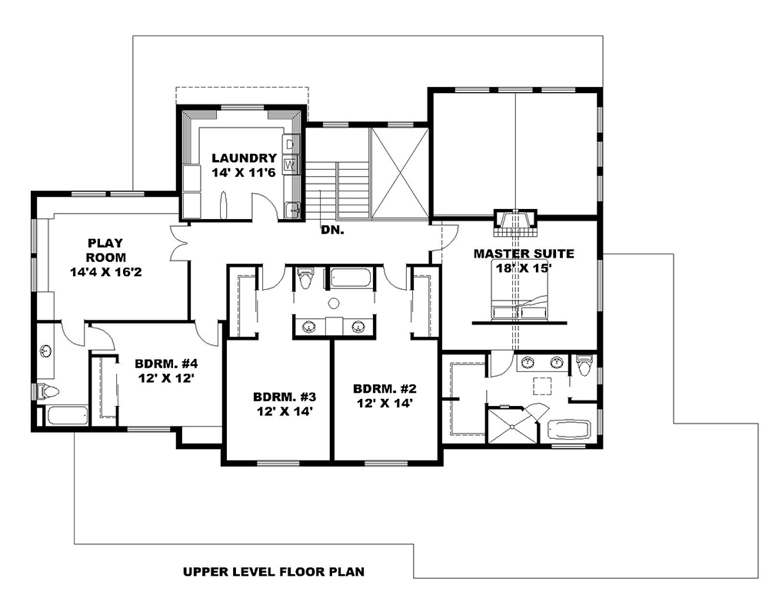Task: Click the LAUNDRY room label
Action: pyautogui.click(x=244, y=158)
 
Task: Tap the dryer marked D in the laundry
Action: pyautogui.click(x=290, y=144)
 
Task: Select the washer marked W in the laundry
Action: pyautogui.click(x=290, y=164)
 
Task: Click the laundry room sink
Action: pyautogui.click(x=292, y=208)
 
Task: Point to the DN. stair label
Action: pyautogui.click(x=332, y=229)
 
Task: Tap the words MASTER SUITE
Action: pyautogui.click(x=523, y=253)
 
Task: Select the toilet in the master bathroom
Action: pyautogui.click(x=584, y=366)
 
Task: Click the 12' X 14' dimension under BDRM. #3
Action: pyautogui.click(x=284, y=411)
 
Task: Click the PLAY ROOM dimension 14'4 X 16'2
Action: pyautogui.click(x=99, y=271)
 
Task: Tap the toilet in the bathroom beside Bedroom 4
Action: pyautogui.click(x=48, y=391)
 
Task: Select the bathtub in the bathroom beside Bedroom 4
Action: pyautogui.click(x=68, y=416)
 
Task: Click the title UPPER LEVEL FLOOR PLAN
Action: pyautogui.click(x=273, y=572)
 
